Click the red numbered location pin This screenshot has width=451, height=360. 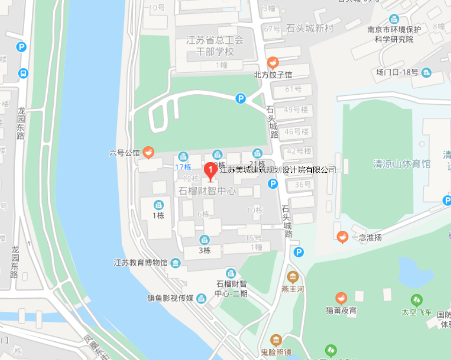[210, 171]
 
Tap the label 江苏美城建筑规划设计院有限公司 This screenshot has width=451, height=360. [278, 170]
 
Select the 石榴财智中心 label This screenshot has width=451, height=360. [207, 191]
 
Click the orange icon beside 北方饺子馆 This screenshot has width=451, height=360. [273, 62]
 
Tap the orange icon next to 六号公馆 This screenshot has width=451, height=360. [149, 153]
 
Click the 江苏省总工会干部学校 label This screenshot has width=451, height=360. [214, 46]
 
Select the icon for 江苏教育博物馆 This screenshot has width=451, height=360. [176, 263]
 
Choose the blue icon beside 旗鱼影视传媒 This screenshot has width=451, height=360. [201, 298]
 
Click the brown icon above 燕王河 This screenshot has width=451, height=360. [293, 278]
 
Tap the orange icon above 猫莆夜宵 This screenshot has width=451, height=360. [341, 298]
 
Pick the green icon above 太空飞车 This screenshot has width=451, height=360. [416, 300]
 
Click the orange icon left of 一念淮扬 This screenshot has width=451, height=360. [342, 237]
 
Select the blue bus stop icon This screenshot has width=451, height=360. [23, 73]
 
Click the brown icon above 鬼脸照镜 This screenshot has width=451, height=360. [276, 340]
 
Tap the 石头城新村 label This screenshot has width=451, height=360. [310, 29]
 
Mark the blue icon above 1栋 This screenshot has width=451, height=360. [158, 204]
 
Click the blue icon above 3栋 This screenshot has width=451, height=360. [204, 240]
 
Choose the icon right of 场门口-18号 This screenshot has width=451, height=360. [426, 72]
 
